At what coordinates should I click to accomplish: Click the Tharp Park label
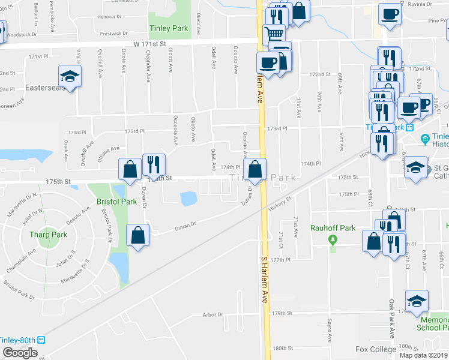coord(50,235)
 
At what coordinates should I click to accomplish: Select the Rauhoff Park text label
coord(333,228)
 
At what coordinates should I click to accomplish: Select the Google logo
coord(20,353)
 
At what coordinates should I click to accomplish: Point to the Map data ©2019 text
coord(423,355)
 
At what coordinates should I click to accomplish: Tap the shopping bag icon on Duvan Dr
coord(138,235)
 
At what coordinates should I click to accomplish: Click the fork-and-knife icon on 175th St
coord(154,163)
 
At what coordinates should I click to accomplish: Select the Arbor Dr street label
coord(212,314)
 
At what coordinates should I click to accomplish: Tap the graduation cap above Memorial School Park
coord(417,299)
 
